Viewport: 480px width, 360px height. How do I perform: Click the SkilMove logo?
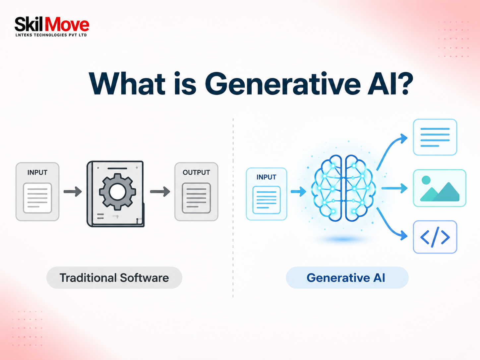[x=52, y=27]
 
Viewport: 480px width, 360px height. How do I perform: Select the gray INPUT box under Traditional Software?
[x=37, y=192]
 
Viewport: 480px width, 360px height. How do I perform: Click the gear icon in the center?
[x=117, y=192]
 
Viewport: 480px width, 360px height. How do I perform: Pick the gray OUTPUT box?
[x=196, y=192]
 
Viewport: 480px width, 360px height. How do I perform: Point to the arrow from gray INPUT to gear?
[x=73, y=192]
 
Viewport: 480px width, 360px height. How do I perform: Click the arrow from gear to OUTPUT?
[x=160, y=192]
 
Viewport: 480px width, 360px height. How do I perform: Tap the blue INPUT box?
[x=266, y=194]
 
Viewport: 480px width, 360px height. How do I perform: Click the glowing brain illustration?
[x=343, y=188]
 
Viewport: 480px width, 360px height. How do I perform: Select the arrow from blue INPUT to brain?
[x=298, y=192]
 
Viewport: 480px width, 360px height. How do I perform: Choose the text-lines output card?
[x=435, y=137]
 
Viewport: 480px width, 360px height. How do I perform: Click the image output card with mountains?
[x=440, y=188]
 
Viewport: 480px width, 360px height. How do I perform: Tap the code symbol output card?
[x=435, y=237]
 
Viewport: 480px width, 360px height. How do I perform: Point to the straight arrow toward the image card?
[x=394, y=188]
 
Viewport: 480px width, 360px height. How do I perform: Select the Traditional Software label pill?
[x=114, y=277]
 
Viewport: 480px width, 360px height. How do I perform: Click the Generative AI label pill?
[x=347, y=277]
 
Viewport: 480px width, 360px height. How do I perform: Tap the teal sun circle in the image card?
[x=426, y=180]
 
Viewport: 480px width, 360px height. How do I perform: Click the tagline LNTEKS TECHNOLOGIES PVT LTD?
[x=51, y=35]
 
